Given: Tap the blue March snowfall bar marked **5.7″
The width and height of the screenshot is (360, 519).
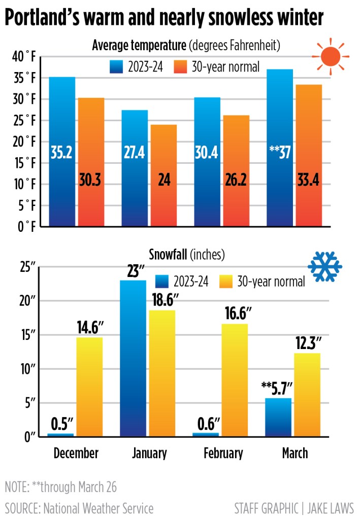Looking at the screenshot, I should click(278, 417).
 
